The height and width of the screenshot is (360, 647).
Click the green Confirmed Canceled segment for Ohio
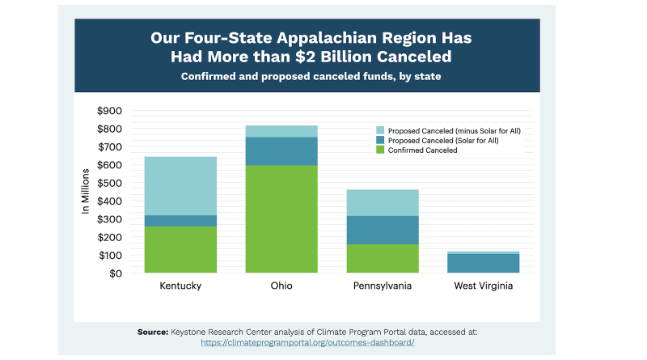coord(281,219)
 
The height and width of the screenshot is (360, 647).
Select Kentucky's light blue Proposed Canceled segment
coord(180,185)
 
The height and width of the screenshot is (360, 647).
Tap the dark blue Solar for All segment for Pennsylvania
coord(383,230)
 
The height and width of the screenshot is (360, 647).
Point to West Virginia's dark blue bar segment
coord(484,263)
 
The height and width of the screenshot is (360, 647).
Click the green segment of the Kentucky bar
coord(180,249)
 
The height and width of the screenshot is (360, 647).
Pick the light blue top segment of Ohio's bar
coord(281,131)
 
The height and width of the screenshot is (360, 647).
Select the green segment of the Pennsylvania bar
coord(383,258)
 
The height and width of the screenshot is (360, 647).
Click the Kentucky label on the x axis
coord(180,286)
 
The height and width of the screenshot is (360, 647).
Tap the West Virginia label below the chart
coord(484,286)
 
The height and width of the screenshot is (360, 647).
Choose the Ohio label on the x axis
coord(281,286)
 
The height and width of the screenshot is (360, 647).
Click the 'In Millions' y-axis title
coord(86,193)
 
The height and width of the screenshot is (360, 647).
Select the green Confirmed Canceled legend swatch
coord(379,150)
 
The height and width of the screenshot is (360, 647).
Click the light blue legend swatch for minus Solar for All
coord(379,130)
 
